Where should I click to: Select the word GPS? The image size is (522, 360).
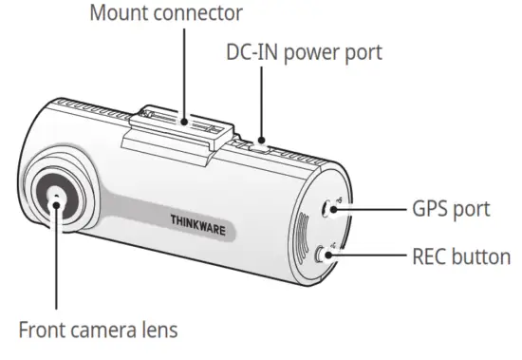pos(432,208)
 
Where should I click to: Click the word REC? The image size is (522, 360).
pos(431,256)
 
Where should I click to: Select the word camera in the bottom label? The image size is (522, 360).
pos(109,332)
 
